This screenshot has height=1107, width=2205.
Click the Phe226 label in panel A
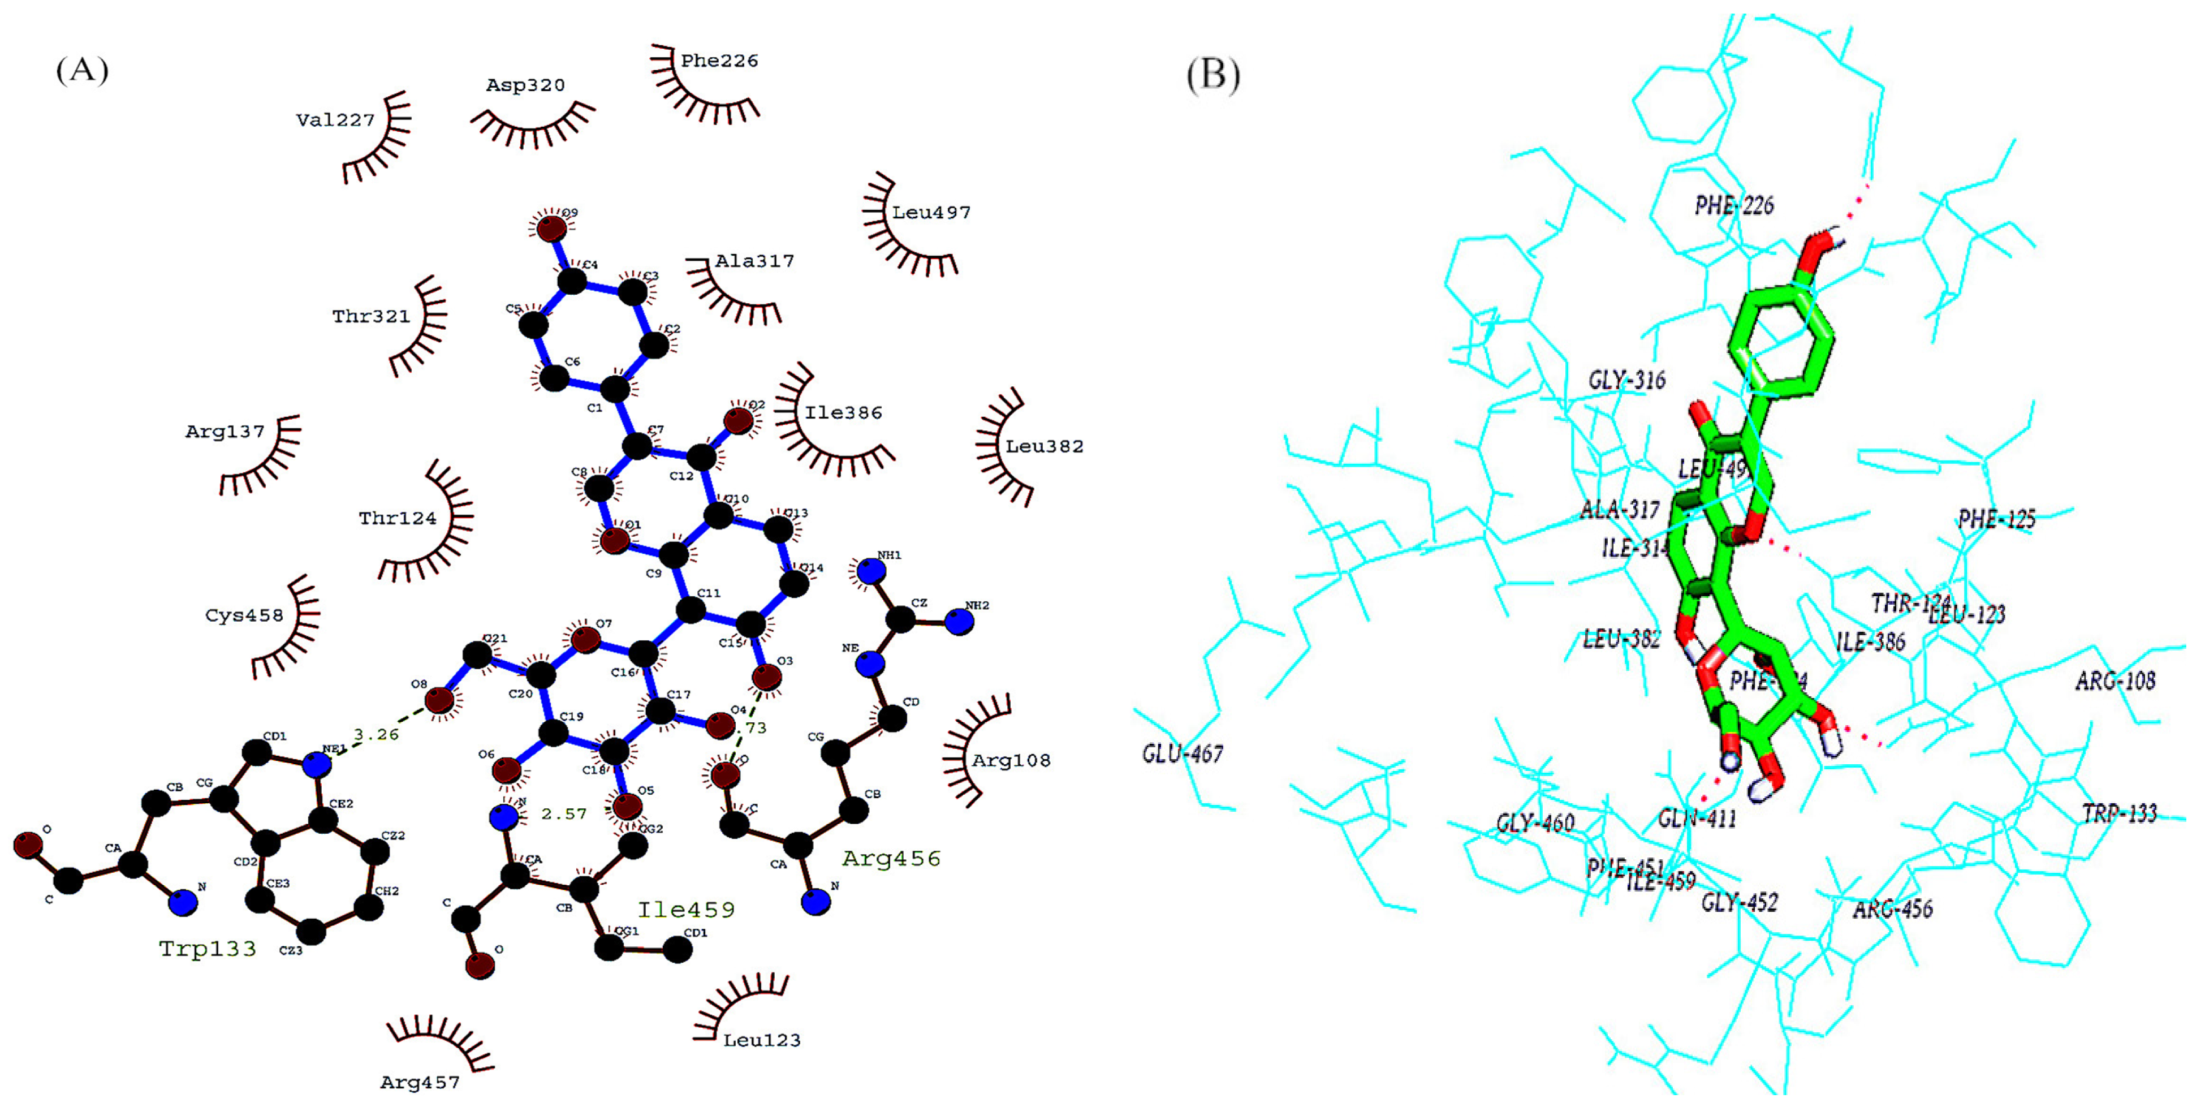[719, 61]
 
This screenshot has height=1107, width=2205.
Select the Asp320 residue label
[525, 85]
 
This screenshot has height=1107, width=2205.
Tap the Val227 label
[335, 120]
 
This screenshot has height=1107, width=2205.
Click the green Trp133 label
[208, 949]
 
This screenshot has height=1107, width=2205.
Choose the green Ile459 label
[685, 909]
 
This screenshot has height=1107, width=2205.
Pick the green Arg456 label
[891, 859]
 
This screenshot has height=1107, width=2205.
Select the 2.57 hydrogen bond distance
[564, 813]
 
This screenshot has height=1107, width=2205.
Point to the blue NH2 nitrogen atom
[960, 622]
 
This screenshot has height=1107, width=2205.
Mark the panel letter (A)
[82, 70]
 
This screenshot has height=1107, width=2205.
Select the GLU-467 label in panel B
[1182, 753]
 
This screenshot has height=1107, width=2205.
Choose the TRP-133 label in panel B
[2120, 813]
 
